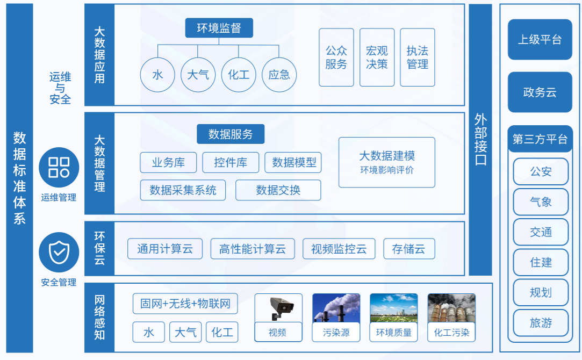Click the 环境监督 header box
coord(219,28)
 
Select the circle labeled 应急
coord(279,75)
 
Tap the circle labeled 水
coord(157,75)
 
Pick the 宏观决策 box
coord(377,57)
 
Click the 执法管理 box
coord(418,57)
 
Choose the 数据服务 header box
coord(231,134)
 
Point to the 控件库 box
coord(231,163)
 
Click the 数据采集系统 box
coord(183,190)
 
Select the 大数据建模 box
coord(387,162)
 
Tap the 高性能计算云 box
coord(253,249)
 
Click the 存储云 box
coord(408,249)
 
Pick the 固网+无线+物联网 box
coord(185,304)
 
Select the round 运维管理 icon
coord(59,168)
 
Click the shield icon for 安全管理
coord(59,253)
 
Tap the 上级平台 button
coord(540,39)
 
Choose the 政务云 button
coord(540,92)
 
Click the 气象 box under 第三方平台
coord(541,202)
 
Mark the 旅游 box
coord(541,323)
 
